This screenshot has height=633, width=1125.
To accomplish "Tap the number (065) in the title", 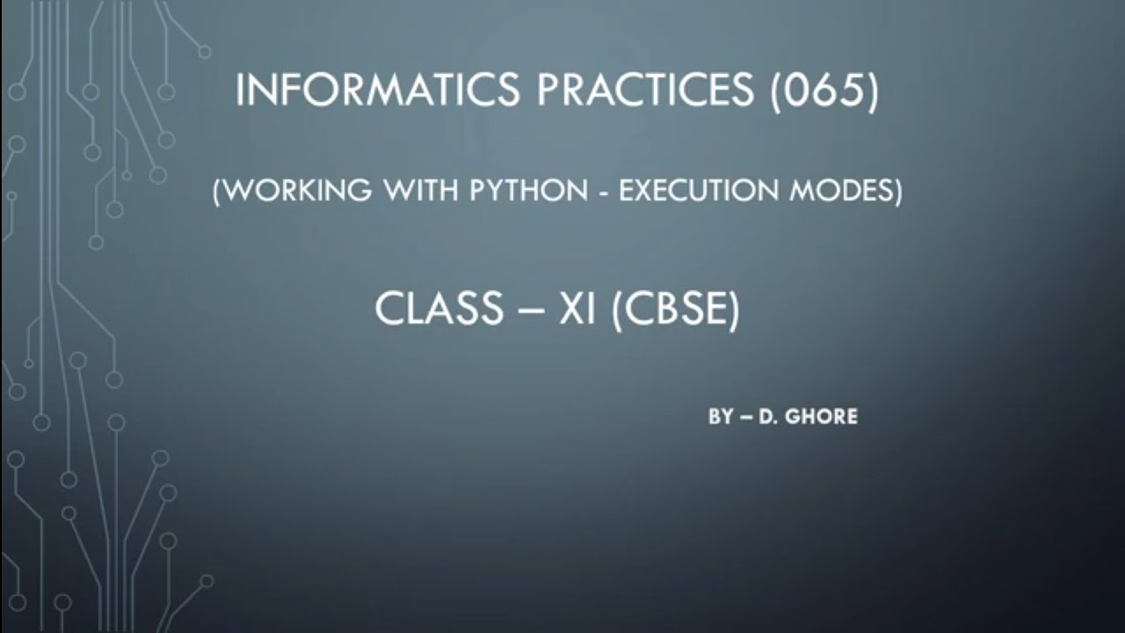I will [x=824, y=92].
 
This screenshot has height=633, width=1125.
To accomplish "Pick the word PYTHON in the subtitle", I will [x=519, y=191].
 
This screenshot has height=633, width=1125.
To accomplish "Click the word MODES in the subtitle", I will [x=845, y=191].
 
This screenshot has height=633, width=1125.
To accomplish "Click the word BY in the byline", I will [x=721, y=417].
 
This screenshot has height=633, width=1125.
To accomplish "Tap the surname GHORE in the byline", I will [x=823, y=417].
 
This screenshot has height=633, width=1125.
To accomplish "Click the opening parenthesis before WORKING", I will [x=217, y=192].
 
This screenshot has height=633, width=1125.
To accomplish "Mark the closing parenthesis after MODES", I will [x=897, y=192].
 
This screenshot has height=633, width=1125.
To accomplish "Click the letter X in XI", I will [x=572, y=309].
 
